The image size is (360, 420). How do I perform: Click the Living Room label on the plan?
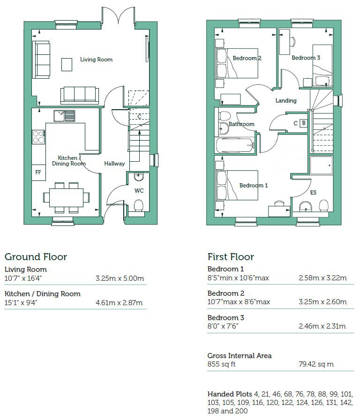click(x=96, y=60)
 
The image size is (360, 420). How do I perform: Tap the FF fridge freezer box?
click(x=38, y=172)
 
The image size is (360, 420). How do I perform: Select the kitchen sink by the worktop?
click(x=65, y=115)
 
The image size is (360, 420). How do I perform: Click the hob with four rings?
click(x=38, y=136)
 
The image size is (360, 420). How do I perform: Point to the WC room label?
click(x=139, y=191)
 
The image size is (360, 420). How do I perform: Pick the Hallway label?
click(x=114, y=164)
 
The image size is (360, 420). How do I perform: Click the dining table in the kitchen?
click(x=66, y=195)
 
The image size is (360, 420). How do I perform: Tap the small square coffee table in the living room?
click(x=67, y=64)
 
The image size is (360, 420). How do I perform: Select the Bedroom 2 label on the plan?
click(x=247, y=58)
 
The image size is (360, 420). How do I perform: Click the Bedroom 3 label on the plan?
click(x=306, y=58)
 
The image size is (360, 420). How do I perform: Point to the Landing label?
click(x=286, y=100)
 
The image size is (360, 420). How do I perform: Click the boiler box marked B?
click(x=303, y=123)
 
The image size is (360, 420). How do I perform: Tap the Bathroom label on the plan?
click(x=241, y=124)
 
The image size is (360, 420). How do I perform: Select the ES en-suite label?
click(x=313, y=193)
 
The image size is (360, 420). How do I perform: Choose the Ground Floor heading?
click(x=36, y=256)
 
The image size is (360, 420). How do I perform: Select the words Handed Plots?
click(x=229, y=393)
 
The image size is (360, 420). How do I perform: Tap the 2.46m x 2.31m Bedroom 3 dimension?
click(x=322, y=326)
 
